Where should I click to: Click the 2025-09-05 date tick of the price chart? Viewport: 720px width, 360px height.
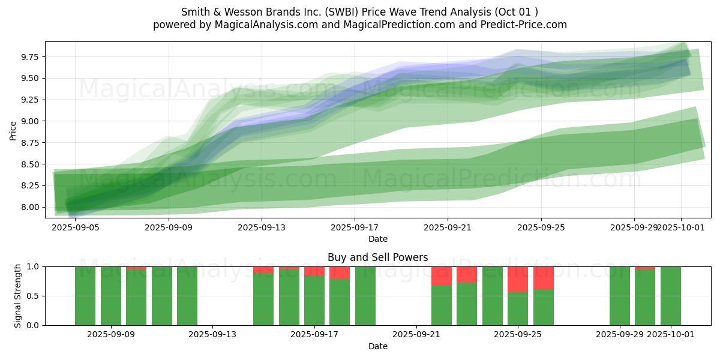(x=75, y=228)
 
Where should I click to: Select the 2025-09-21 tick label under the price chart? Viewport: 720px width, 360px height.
(x=448, y=228)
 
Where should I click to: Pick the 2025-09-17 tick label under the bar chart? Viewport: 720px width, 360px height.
(x=314, y=335)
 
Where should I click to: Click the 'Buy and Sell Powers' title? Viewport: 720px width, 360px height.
(x=377, y=257)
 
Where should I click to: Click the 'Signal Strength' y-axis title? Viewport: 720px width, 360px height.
(x=18, y=296)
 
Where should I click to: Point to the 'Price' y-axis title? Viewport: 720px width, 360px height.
(x=13, y=130)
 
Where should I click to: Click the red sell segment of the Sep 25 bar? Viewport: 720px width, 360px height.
(x=518, y=279)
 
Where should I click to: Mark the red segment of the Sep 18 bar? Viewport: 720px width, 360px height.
(x=340, y=272)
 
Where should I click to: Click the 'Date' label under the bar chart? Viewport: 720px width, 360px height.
(x=377, y=346)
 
